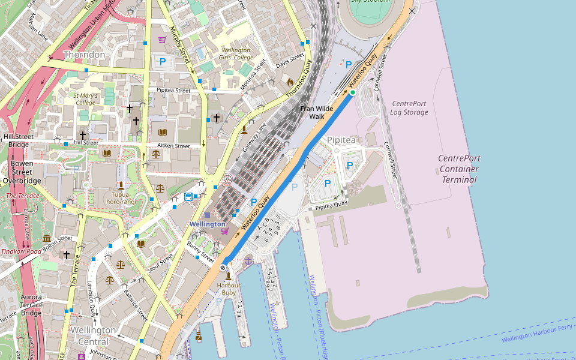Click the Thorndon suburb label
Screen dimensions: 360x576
click(84, 55)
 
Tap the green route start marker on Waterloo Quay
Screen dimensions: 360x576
click(353, 92)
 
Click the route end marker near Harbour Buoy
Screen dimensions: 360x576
click(223, 267)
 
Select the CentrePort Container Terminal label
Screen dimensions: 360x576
click(459, 169)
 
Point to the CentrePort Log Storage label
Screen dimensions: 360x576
click(409, 108)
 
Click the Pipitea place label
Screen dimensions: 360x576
click(341, 140)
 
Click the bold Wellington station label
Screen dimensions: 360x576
click(208, 224)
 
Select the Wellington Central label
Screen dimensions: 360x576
click(93, 335)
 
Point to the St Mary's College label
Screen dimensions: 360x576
click(85, 98)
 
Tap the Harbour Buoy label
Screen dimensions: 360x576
click(229, 289)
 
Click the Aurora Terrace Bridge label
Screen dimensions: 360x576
click(31, 305)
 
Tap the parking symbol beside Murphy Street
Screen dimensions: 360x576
click(161, 62)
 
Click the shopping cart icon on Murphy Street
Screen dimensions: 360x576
click(162, 40)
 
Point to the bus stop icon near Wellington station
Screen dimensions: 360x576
click(188, 197)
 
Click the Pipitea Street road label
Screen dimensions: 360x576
click(173, 91)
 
